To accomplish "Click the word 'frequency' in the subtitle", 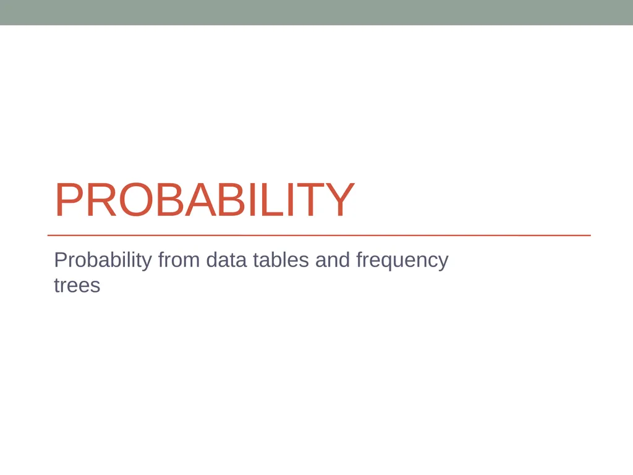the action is [402, 262].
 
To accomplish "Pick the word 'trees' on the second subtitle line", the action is [77, 285].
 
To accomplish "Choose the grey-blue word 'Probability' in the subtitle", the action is [103, 262].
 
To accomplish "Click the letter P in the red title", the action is [69, 200].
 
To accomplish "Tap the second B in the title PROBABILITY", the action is [232, 200].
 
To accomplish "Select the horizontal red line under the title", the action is [319, 235].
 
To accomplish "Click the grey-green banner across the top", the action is [316, 12].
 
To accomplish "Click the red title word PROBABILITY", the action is [205, 200].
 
